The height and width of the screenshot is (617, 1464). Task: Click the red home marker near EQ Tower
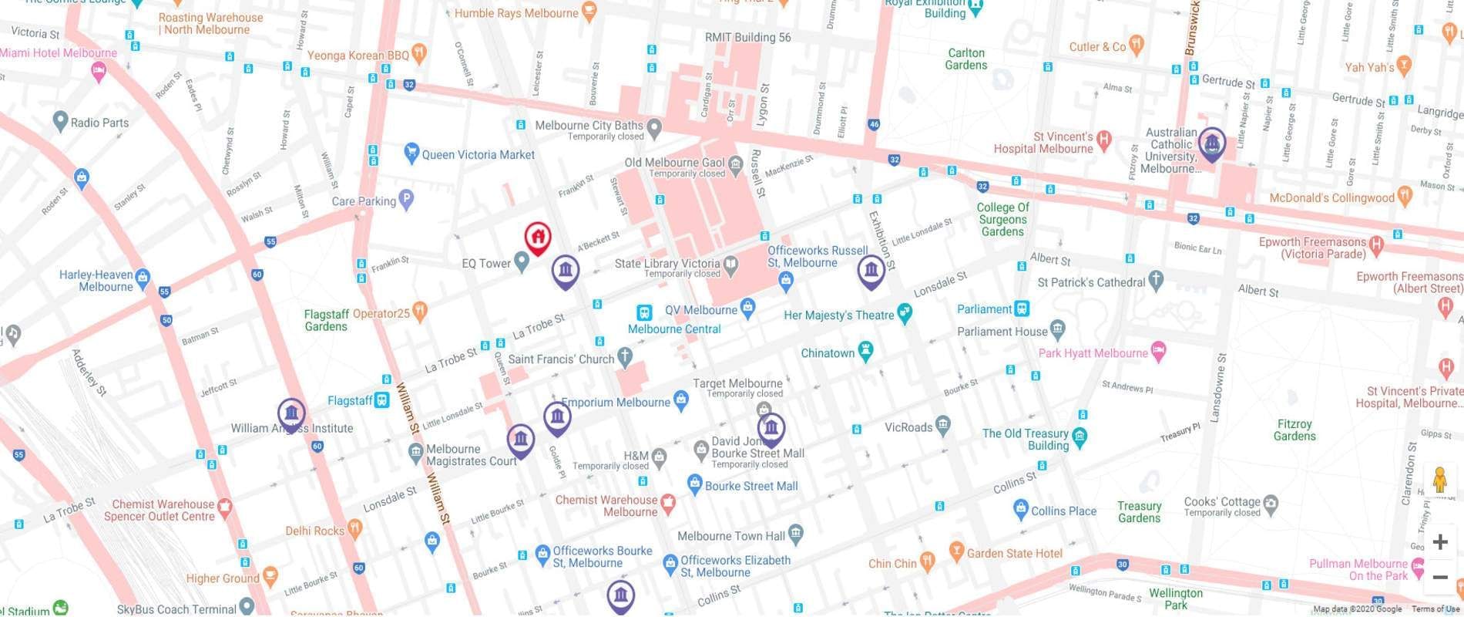point(538,237)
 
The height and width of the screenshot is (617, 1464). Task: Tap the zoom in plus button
point(1439,542)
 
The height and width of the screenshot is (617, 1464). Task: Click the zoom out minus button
point(1439,577)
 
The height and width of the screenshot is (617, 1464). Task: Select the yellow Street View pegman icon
point(1439,480)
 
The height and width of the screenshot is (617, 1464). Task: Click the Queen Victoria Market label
point(478,155)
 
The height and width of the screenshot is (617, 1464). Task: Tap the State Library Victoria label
point(667,264)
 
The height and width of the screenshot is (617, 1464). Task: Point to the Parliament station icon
point(1022,308)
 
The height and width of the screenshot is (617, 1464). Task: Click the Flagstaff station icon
point(381,400)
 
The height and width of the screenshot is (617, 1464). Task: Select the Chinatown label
point(828,353)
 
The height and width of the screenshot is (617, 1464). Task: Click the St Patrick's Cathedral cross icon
point(1156,282)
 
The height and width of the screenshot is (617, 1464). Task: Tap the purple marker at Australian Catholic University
point(1211,143)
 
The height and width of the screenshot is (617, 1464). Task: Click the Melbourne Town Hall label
point(730,536)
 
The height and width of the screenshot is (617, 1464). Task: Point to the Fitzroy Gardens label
point(1294,430)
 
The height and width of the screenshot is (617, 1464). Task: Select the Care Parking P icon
point(407,201)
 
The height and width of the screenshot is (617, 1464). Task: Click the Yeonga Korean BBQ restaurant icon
point(419,54)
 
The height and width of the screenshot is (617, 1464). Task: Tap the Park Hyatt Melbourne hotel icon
point(1158,352)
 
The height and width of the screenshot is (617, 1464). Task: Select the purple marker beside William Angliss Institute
point(291,414)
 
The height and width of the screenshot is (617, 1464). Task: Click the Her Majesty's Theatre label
point(838,315)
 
